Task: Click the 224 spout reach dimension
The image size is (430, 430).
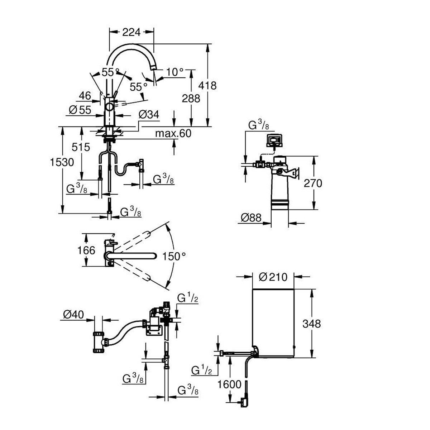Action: tap(132, 32)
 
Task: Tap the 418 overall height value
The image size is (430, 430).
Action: tap(207, 86)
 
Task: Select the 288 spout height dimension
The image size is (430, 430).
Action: tap(191, 98)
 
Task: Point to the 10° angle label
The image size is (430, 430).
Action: tap(175, 72)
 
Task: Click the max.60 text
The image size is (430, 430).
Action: tap(173, 133)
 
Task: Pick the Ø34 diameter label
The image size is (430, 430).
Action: tap(149, 115)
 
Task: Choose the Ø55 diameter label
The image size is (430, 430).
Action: tap(80, 110)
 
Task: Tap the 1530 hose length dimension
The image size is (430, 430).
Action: tap(62, 162)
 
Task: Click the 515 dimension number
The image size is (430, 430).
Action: tap(81, 147)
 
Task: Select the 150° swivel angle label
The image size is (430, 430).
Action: tap(174, 257)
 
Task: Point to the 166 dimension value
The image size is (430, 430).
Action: tap(86, 250)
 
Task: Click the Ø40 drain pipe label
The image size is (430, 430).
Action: tap(73, 315)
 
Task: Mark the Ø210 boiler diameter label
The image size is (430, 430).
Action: tap(273, 277)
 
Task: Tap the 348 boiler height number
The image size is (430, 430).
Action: tap(311, 324)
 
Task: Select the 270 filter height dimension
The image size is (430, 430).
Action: tap(313, 183)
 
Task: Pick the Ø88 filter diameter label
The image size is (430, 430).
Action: tap(251, 218)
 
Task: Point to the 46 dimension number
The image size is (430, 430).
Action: tap(85, 96)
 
